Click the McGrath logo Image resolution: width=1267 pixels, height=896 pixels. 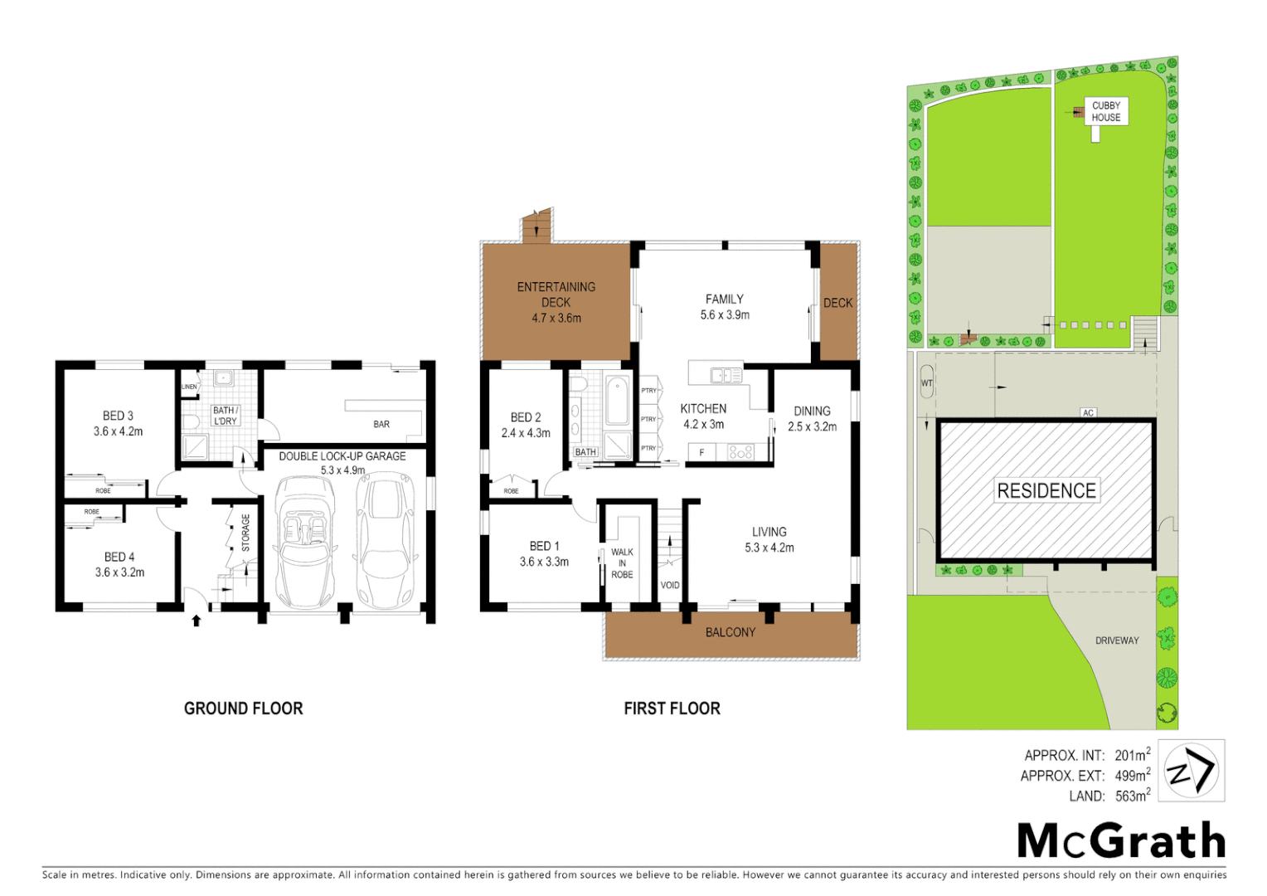pyautogui.click(x=1121, y=841)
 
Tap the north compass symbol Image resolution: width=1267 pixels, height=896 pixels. pyautogui.click(x=1191, y=771)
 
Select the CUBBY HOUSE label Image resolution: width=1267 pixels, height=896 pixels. pyautogui.click(x=1105, y=111)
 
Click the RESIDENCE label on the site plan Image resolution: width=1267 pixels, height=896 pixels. pyautogui.click(x=1046, y=490)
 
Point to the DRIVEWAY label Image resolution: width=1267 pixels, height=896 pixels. pyautogui.click(x=1117, y=640)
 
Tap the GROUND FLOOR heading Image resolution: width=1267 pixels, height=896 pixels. pyautogui.click(x=243, y=709)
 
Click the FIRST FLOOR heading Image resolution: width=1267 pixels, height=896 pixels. pyautogui.click(x=672, y=709)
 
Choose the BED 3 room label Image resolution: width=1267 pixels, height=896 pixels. pyautogui.click(x=118, y=416)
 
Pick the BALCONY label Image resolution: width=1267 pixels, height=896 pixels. pyautogui.click(x=730, y=632)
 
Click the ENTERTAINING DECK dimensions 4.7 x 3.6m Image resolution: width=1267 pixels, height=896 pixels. pyautogui.click(x=556, y=318)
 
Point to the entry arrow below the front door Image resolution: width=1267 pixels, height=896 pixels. pyautogui.click(x=197, y=620)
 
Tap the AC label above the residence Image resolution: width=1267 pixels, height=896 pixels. pyautogui.click(x=1088, y=412)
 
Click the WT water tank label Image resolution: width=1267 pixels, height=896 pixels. pyautogui.click(x=926, y=383)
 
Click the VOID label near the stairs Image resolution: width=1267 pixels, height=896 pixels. pyautogui.click(x=669, y=585)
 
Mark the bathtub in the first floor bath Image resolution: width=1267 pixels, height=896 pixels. pyautogui.click(x=616, y=401)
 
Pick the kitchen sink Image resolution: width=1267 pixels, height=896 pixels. pyautogui.click(x=726, y=376)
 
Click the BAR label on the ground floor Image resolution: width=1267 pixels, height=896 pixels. pyautogui.click(x=381, y=424)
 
